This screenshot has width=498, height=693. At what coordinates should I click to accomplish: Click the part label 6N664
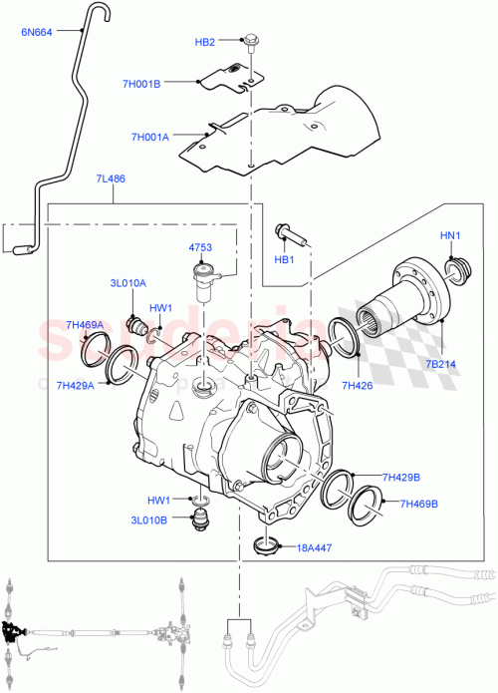(x=37, y=31)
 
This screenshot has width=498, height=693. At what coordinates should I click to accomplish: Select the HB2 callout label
(x=204, y=42)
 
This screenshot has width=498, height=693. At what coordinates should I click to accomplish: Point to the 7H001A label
(x=149, y=137)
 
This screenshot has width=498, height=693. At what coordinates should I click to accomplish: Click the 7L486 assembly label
(x=110, y=178)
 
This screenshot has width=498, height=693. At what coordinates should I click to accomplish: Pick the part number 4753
(x=200, y=247)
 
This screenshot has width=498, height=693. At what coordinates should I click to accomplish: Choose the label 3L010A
(x=127, y=282)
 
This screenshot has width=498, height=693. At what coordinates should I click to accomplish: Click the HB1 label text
(x=286, y=260)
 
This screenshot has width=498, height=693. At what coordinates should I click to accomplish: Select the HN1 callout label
(x=451, y=235)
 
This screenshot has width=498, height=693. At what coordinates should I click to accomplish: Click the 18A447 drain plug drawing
(x=266, y=545)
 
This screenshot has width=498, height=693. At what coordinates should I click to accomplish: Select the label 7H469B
(x=418, y=504)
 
